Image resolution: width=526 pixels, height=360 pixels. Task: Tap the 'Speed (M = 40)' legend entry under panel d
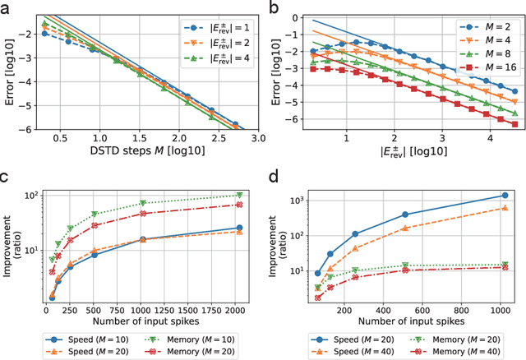click(346, 351)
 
